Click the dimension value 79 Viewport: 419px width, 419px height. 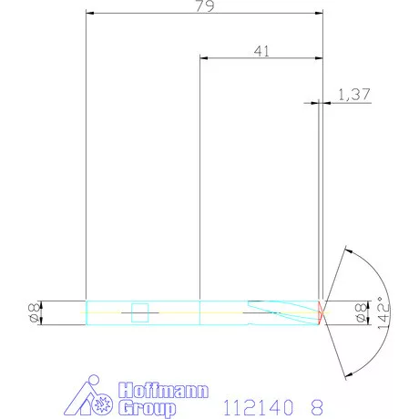[x=204, y=6]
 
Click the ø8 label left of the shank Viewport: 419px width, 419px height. [x=32, y=312]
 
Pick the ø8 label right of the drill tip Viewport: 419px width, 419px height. [x=359, y=312]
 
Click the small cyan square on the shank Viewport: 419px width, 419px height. [x=140, y=313]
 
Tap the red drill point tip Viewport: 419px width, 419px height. [x=321, y=312]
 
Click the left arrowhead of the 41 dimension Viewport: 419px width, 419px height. [x=203, y=58]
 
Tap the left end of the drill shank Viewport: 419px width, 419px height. [x=86, y=312]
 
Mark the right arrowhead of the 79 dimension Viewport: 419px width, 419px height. [x=319, y=14]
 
